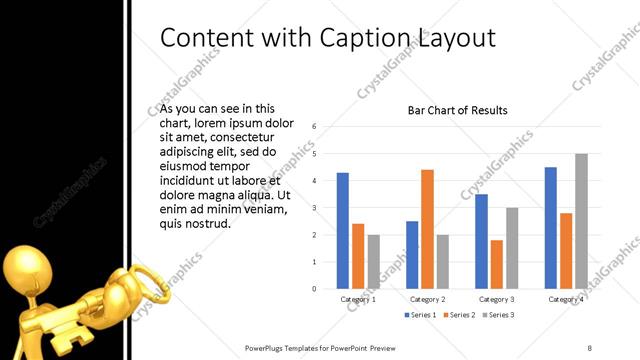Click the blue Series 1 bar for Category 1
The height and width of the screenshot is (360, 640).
[x=343, y=231]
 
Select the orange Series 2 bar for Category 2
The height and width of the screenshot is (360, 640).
[x=427, y=229]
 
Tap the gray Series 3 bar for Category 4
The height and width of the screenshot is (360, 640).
[x=581, y=221]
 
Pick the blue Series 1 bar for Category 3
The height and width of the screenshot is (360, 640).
[x=481, y=241]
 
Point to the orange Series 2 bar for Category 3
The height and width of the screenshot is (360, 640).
[x=497, y=264]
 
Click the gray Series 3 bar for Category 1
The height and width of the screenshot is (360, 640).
[x=373, y=261]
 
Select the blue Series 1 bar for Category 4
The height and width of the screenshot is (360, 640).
[x=551, y=228]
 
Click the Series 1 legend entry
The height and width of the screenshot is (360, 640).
[x=421, y=315]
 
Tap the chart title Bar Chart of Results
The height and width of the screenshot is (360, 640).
[x=457, y=110]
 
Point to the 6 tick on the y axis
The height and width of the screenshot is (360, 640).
[x=314, y=127]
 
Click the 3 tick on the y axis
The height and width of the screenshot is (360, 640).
[x=314, y=208]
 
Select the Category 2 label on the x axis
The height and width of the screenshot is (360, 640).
[x=428, y=299]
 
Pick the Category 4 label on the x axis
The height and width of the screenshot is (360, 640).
[x=566, y=299]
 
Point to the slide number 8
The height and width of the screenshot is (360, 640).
[x=589, y=347]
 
